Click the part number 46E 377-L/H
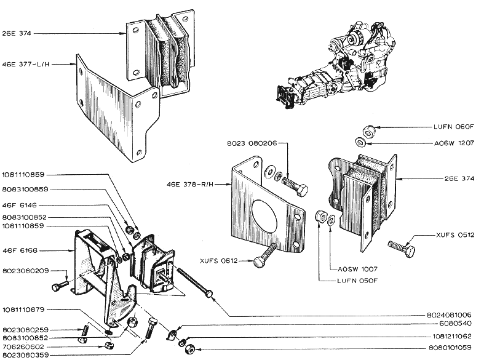tap(25, 63)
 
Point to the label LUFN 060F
tap(455, 127)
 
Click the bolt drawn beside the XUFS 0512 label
tap(402, 248)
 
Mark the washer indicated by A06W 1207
tap(363, 142)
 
